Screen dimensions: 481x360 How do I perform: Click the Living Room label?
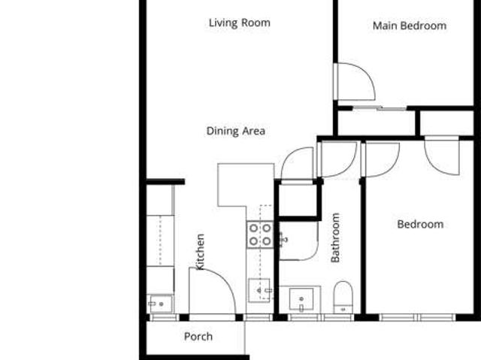240,23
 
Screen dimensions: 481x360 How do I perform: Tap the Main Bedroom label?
410,26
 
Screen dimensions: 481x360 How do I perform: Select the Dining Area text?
235,132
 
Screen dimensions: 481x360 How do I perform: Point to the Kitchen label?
200,252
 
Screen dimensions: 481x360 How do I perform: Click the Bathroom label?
335,237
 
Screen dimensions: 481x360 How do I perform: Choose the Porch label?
198,337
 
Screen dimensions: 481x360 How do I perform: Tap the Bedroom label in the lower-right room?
420,224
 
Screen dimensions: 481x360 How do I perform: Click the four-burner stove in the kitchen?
260,234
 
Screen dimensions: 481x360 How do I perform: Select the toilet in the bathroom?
343,297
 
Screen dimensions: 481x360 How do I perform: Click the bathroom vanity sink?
301,299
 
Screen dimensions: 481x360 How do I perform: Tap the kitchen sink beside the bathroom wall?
259,290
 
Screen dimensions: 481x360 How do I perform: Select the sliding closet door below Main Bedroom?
380,108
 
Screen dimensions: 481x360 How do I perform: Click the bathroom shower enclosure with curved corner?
298,241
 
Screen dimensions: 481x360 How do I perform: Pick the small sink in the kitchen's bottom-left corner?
160,304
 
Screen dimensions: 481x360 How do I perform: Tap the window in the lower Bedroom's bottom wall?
418,317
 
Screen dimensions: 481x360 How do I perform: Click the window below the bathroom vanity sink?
321,317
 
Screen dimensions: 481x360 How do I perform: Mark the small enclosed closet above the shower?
298,200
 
